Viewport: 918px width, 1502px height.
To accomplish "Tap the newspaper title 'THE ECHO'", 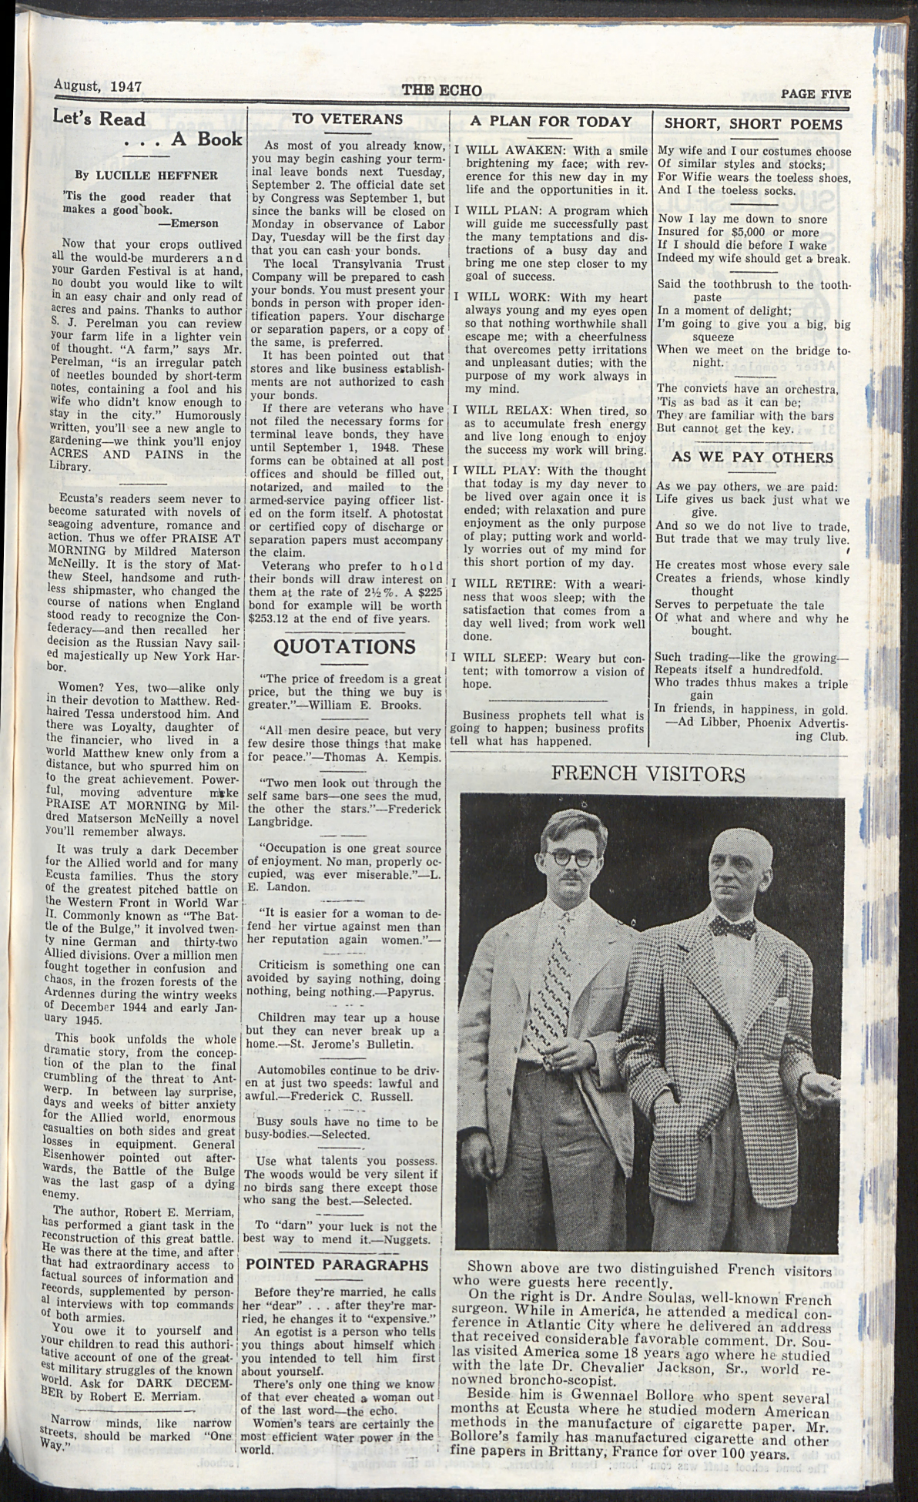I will coord(441,90).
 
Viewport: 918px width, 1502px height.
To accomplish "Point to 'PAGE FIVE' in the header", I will coord(816,94).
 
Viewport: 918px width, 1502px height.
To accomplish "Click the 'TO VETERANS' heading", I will coord(348,119).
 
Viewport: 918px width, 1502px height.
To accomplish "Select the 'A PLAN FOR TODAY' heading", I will coord(550,121).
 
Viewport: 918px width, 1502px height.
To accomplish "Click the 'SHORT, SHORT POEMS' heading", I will coord(752,123).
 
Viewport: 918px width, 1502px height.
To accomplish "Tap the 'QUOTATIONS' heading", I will coord(344,645).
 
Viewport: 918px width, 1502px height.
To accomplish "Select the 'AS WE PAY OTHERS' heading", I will coord(752,457).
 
